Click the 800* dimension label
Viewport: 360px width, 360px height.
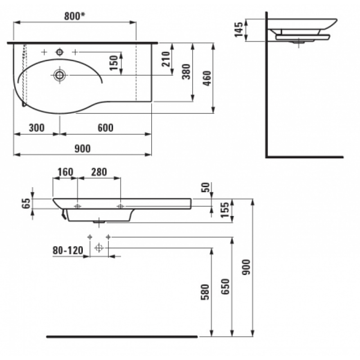pyautogui.click(x=75, y=16)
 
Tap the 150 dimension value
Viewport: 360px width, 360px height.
pyautogui.click(x=114, y=63)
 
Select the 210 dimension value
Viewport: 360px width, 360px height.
pyautogui.click(x=166, y=59)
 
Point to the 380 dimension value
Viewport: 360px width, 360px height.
pyautogui.click(x=186, y=72)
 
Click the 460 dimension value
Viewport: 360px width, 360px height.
pyautogui.click(x=207, y=78)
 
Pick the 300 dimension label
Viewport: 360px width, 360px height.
pyautogui.click(x=37, y=128)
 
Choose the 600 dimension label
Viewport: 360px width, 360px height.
pyautogui.click(x=105, y=128)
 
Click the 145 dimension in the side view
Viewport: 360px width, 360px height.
pyautogui.click(x=238, y=29)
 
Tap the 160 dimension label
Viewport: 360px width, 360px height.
pyautogui.click(x=65, y=172)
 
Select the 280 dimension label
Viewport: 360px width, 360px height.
pyautogui.click(x=99, y=172)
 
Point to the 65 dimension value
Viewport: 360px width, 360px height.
pyautogui.click(x=26, y=203)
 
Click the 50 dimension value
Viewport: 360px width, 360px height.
pyautogui.click(x=206, y=187)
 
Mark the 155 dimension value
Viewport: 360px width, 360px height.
pyautogui.click(x=225, y=210)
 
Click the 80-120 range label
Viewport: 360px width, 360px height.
pyautogui.click(x=68, y=251)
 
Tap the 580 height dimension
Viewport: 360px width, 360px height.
pyautogui.click(x=205, y=292)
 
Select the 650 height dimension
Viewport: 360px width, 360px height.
pyautogui.click(x=225, y=287)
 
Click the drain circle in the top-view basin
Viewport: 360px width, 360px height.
pyautogui.click(x=59, y=75)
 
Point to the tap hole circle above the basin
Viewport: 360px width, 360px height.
pyautogui.click(x=60, y=52)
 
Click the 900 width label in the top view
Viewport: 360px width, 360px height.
pyautogui.click(x=83, y=149)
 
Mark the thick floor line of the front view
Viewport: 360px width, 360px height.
pyautogui.click(x=122, y=337)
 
